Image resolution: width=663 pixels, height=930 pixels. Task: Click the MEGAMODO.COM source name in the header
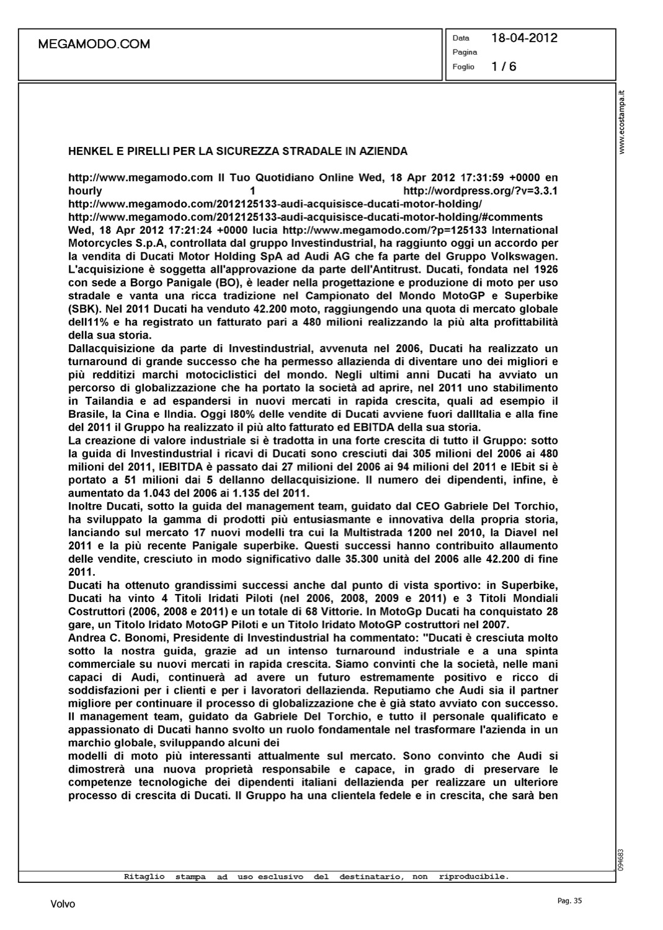tap(94, 44)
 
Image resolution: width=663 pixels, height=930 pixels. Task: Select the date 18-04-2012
tap(524, 38)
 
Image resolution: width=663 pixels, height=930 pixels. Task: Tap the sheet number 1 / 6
tap(504, 66)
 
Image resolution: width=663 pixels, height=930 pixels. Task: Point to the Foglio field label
tap(463, 66)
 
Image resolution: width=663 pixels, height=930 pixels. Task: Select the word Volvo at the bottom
tap(63, 905)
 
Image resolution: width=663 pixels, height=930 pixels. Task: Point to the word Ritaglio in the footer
tap(145, 877)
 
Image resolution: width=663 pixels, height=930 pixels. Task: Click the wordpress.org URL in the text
tap(480, 191)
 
